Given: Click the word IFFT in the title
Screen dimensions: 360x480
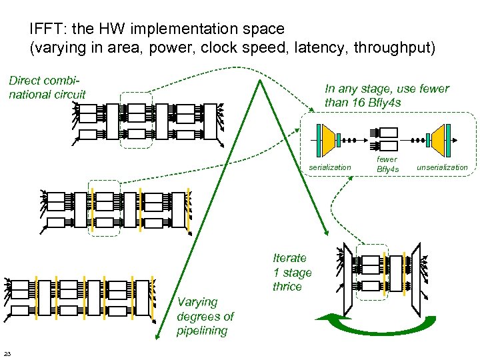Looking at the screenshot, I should [x=46, y=29].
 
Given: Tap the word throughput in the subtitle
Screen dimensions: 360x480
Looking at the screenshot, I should [x=393, y=47].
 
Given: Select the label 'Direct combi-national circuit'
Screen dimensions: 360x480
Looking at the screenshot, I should [x=47, y=87].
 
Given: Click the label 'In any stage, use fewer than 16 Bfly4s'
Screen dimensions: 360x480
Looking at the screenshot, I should [x=387, y=95].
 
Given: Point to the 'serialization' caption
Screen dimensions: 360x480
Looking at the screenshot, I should [x=329, y=167].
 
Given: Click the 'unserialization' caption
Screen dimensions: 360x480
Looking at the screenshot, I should [x=442, y=167].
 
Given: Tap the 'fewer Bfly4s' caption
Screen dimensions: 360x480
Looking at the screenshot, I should [x=387, y=164].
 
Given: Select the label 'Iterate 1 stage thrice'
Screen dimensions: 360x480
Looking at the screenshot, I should [x=292, y=272].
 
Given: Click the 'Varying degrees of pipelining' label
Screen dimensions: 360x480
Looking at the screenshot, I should [x=205, y=316].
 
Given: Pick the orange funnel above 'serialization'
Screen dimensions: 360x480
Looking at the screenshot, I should [x=327, y=137].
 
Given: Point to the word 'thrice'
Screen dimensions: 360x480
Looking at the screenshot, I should [x=287, y=287].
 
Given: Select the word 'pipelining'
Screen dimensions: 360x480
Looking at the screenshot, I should [x=202, y=331].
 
